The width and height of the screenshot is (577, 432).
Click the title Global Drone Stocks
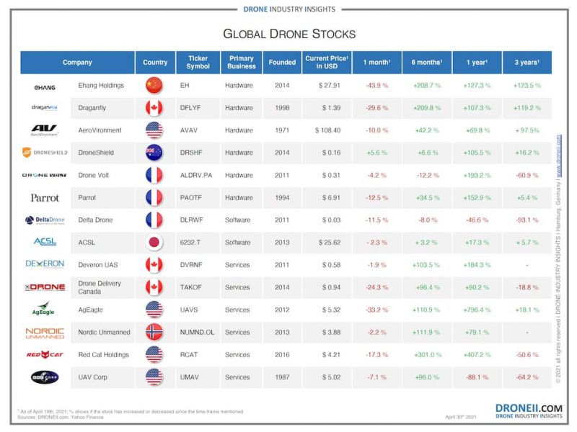point(288,34)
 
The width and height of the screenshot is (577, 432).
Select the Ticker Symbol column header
point(198,63)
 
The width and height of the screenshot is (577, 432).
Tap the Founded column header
point(282,63)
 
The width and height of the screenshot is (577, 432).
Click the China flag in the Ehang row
point(154,86)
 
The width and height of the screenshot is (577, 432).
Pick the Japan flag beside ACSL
point(154,243)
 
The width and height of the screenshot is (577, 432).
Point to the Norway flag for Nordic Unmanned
point(154,332)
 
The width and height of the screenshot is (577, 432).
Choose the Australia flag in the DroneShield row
point(154,153)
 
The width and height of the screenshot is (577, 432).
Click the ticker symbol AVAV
point(190,130)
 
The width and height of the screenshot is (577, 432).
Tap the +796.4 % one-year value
point(477,310)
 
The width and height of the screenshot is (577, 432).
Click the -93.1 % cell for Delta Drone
point(527,220)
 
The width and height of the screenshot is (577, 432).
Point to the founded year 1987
point(282,377)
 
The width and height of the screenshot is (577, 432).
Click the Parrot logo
point(45,198)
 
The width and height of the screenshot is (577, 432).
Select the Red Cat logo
point(45,354)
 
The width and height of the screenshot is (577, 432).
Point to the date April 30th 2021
point(461,417)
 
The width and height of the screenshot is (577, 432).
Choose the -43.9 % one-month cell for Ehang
point(376,86)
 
